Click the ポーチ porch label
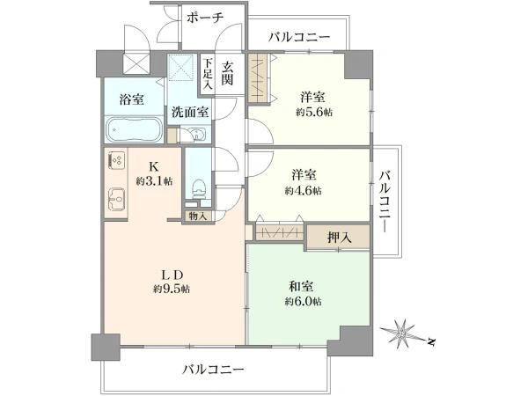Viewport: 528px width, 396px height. (205, 18)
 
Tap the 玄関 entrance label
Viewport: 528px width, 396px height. (227, 74)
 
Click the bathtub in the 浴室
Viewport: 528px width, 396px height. (135, 130)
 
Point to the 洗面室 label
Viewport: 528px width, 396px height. (190, 112)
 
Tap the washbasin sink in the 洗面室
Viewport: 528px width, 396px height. (199, 135)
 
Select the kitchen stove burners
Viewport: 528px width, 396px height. (117, 160)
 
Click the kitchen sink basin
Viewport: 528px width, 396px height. (116, 199)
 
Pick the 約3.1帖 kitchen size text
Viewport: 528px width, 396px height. (154, 181)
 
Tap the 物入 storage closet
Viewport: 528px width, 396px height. (198, 216)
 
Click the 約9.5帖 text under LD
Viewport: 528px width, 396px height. (172, 289)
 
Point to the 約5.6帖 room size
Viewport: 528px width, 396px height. (314, 112)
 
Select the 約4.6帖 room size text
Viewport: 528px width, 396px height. (303, 191)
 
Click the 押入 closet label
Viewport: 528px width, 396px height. (340, 238)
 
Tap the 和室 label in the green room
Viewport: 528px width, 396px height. (301, 286)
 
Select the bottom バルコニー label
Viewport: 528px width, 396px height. (213, 370)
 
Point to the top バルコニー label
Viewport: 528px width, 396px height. (299, 37)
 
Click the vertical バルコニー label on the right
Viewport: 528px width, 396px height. (385, 202)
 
